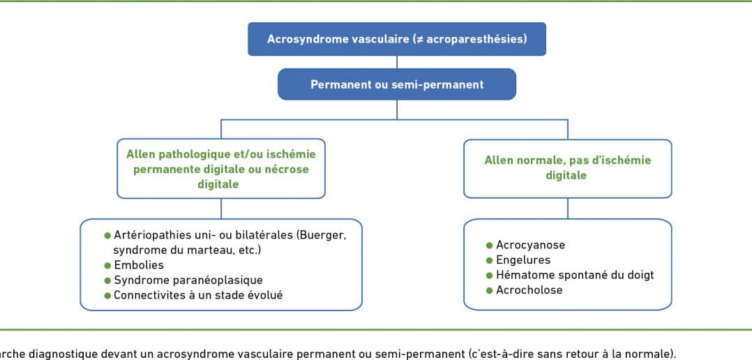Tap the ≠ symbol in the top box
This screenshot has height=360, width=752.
(x=419, y=39)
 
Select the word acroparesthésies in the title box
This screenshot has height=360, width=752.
(x=474, y=39)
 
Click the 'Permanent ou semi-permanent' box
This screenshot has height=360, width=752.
(x=397, y=84)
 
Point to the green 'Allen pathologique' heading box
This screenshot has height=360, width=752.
(x=221, y=169)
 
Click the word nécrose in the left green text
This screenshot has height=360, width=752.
(x=289, y=170)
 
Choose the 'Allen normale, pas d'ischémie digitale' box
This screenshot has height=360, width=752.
(x=568, y=169)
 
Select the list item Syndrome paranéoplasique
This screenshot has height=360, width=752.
(x=188, y=280)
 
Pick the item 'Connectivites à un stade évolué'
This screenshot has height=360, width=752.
(x=198, y=295)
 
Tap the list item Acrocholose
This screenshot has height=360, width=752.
(x=529, y=290)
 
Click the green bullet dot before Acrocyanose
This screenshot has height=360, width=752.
(x=489, y=246)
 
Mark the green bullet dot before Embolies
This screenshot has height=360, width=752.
(x=107, y=265)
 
